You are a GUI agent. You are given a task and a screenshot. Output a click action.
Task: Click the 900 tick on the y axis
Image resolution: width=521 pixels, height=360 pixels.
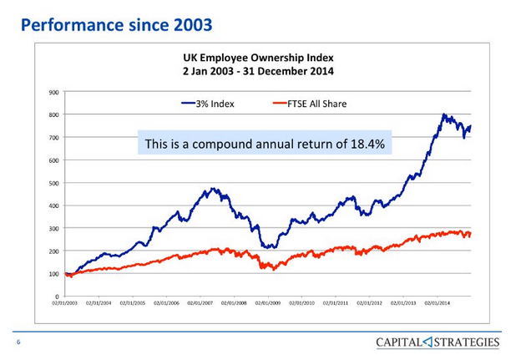(x=53, y=92)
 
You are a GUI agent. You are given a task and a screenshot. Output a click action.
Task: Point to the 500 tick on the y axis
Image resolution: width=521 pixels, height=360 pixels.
(x=53, y=183)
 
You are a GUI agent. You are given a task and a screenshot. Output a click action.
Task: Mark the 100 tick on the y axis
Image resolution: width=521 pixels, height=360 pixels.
(x=53, y=273)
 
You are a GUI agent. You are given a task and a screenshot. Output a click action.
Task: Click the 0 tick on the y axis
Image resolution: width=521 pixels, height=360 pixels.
(x=56, y=296)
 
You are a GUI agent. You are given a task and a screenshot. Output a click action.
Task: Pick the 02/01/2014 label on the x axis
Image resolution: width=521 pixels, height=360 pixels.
(x=439, y=303)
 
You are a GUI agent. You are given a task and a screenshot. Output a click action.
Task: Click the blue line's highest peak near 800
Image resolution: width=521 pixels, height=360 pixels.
(x=443, y=114)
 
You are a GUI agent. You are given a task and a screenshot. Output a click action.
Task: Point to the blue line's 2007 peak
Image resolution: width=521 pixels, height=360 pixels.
(x=214, y=190)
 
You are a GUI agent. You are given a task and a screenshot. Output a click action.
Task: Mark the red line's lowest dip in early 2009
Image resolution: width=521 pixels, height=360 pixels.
(x=266, y=268)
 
